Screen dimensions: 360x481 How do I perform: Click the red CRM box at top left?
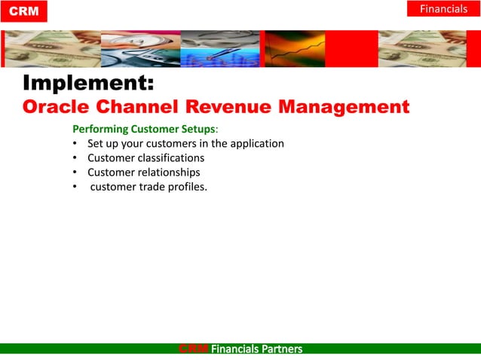click(23, 11)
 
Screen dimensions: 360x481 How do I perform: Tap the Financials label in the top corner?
click(443, 9)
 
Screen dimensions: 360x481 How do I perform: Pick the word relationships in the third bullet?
click(169, 172)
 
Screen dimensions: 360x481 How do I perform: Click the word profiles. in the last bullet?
click(188, 186)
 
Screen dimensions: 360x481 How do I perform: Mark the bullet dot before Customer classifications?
click(75, 157)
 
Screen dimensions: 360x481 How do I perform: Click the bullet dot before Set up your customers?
click(75, 143)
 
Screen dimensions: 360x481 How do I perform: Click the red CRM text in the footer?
click(194, 349)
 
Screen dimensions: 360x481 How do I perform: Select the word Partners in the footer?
click(280, 349)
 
